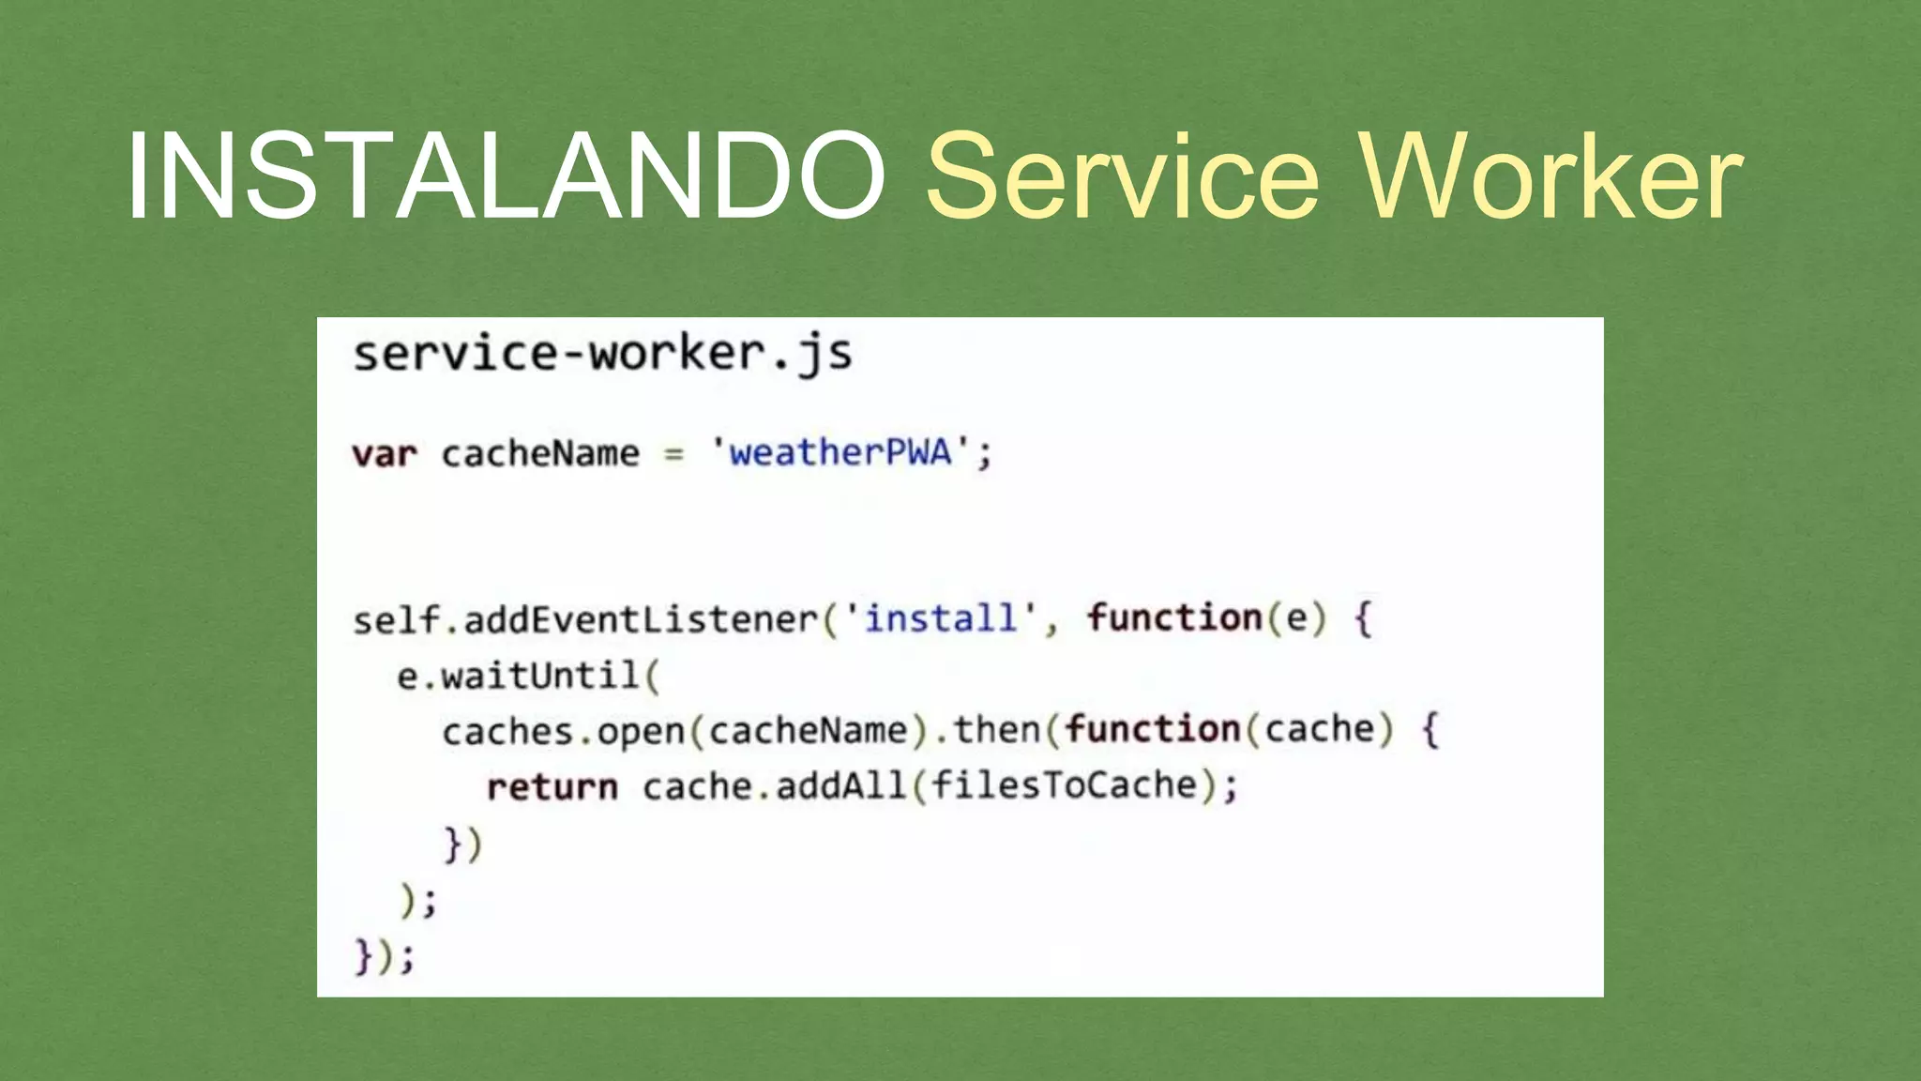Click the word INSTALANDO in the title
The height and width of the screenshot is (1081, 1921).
(x=507, y=176)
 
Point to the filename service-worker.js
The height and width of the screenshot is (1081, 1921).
(x=602, y=355)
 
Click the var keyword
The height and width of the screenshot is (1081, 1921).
(x=385, y=454)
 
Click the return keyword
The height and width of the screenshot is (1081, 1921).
(x=552, y=786)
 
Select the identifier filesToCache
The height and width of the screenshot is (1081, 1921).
(x=1064, y=785)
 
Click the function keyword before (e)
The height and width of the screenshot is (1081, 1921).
(x=1174, y=617)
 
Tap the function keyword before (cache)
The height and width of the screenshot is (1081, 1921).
(x=1153, y=729)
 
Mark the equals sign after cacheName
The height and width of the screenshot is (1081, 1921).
(x=673, y=455)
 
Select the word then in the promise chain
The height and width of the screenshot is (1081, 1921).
(x=996, y=730)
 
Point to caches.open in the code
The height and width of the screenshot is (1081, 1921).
(x=564, y=731)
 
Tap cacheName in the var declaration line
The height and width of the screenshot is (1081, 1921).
(x=540, y=454)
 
